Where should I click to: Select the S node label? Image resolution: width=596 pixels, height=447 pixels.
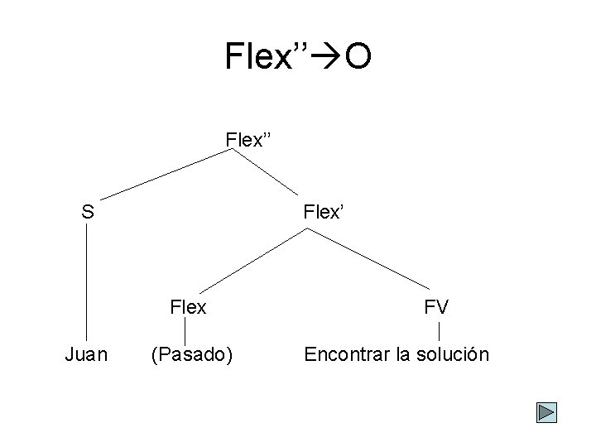pyautogui.click(x=87, y=212)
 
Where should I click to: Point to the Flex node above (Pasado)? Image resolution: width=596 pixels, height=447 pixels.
pyautogui.click(x=188, y=307)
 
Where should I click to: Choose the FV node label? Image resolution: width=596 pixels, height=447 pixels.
pyautogui.click(x=436, y=307)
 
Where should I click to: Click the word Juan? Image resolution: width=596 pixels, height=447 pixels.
pyautogui.click(x=86, y=355)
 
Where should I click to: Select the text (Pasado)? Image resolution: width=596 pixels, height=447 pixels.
pyautogui.click(x=191, y=355)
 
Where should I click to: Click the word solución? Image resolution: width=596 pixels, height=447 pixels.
pyautogui.click(x=454, y=355)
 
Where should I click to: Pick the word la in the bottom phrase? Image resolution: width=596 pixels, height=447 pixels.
pyautogui.click(x=403, y=355)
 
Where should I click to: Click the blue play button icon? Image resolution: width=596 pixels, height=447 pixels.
pyautogui.click(x=546, y=412)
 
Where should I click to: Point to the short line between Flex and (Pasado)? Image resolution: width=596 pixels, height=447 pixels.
pyautogui.click(x=185, y=331)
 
